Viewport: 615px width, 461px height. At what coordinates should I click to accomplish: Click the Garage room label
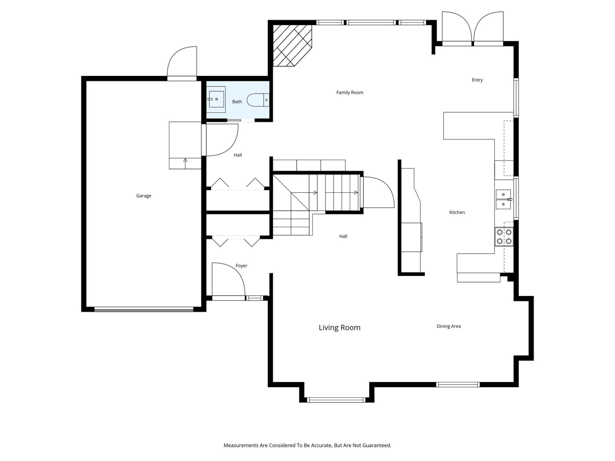[x=144, y=196]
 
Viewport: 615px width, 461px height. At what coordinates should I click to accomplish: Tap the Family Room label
[x=350, y=93]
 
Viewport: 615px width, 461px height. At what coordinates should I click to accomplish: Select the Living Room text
[x=339, y=328]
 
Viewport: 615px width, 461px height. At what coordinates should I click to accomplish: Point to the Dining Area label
[x=449, y=326]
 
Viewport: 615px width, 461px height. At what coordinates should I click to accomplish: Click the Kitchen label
[x=457, y=212]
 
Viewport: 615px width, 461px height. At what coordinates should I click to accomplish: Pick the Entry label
[x=477, y=80]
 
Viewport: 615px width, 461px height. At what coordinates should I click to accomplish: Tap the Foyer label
[x=241, y=266]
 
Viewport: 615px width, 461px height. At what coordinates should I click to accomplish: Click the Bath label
[x=237, y=102]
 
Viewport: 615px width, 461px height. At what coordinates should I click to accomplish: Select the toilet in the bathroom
[x=258, y=100]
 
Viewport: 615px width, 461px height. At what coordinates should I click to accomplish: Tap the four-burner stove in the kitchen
[x=504, y=237]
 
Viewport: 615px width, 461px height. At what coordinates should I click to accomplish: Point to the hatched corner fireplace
[x=292, y=45]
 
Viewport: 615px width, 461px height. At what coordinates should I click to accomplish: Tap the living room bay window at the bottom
[x=337, y=400]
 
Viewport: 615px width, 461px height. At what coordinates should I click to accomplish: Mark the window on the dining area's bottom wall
[x=458, y=384]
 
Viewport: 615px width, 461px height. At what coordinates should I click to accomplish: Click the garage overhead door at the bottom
[x=144, y=309]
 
